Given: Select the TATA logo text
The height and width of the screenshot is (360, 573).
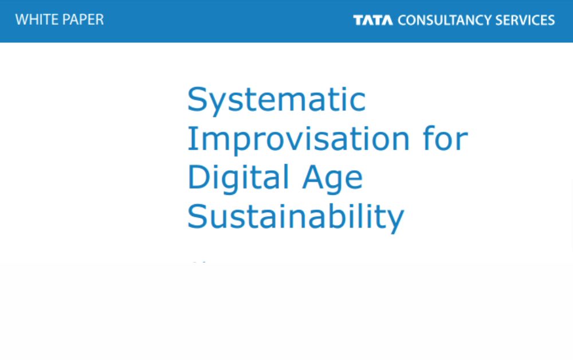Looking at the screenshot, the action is pos(373,20).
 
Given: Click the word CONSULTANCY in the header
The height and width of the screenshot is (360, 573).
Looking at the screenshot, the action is pos(445,20).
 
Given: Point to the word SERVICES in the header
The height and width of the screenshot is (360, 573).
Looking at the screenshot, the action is pos(525,20).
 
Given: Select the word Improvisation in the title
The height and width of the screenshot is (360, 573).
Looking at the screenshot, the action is pos(298,139).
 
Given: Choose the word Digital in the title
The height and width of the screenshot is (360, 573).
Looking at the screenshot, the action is pos(238,178).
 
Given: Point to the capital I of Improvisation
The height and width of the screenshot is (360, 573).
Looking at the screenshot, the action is pos(190,138).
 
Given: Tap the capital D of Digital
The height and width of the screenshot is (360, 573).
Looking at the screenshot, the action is pos(199,177).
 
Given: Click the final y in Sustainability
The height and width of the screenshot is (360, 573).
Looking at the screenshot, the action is pos(395,221).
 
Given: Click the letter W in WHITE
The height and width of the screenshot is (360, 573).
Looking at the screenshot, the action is pos(23,19).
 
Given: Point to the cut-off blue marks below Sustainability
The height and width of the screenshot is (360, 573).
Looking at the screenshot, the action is pos(199,261).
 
